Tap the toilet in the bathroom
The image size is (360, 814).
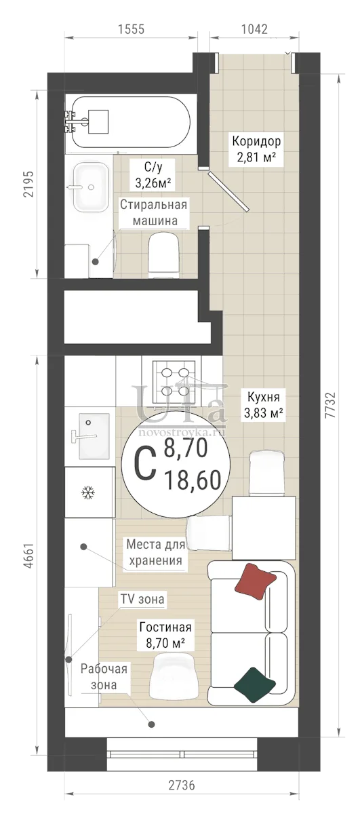pos(163,255)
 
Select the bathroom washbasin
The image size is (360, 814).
pos(91,187)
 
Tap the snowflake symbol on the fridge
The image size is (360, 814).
pos(88,492)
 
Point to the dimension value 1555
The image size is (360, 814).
pos(131,29)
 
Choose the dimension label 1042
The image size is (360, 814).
pos(254,29)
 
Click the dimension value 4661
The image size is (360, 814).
pos(28,556)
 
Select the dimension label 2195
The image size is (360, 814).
pos(28,184)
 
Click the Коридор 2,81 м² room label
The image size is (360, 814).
pos(256,149)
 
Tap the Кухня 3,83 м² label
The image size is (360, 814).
pos(263,405)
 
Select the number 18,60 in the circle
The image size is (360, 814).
pos(193,480)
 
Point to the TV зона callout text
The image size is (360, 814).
pos(142,599)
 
